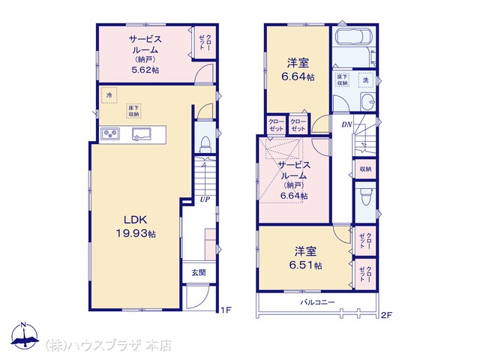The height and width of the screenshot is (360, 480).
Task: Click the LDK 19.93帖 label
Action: (136, 226)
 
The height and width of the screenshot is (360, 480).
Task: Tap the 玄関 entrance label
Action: (198, 272)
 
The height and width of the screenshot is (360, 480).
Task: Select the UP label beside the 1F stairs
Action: (205, 199)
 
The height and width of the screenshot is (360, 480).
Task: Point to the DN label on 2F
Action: (346, 124)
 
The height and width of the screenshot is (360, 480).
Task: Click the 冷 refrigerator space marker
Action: (109, 95)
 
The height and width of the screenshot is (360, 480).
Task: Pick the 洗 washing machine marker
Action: (366, 80)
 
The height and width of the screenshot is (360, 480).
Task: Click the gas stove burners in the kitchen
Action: (110, 133)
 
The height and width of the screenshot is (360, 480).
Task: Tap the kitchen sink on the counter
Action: (141, 134)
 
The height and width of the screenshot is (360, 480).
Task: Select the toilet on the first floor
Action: (205, 143)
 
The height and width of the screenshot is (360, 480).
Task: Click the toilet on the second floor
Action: (365, 196)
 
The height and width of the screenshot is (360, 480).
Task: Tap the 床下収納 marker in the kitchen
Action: (133, 111)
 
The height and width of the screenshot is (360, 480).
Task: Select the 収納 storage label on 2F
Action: (365, 169)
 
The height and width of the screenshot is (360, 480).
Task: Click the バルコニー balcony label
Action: (317, 302)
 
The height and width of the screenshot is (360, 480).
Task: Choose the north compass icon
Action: (25, 336)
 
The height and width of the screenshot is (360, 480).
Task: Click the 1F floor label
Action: (226, 310)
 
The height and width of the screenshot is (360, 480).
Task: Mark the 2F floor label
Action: (387, 315)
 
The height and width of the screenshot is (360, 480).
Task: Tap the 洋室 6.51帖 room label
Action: (305, 258)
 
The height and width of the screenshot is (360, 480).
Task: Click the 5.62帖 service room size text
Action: (145, 70)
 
